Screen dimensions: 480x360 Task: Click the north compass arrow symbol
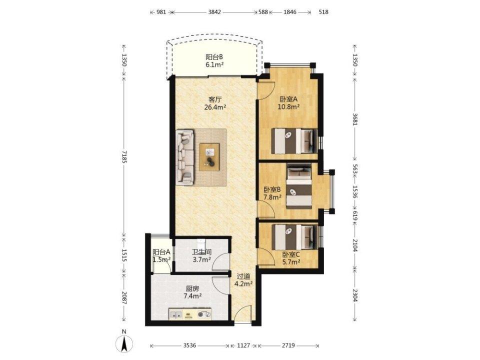tap(124, 343)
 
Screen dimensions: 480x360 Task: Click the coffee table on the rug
tap(209, 157)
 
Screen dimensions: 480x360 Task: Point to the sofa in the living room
tap(184, 157)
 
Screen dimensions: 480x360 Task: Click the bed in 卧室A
tap(294, 141)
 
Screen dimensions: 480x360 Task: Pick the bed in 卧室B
tap(299, 186)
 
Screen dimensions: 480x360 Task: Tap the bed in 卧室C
tap(294, 237)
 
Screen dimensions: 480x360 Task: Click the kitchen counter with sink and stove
tap(190, 314)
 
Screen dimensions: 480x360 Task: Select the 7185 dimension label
tap(124, 156)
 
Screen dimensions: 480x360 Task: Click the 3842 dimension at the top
tap(214, 12)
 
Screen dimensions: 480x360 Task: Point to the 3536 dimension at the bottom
tap(190, 345)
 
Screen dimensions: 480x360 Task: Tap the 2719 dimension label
tap(288, 345)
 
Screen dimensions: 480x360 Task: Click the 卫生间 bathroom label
tap(201, 252)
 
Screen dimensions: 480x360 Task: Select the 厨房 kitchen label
tap(192, 288)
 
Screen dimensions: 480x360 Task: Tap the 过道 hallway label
tap(243, 276)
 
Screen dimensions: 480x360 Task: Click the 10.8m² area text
tap(288, 107)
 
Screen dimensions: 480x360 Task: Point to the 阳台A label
tap(161, 252)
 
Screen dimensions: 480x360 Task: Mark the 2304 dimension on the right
tap(355, 295)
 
